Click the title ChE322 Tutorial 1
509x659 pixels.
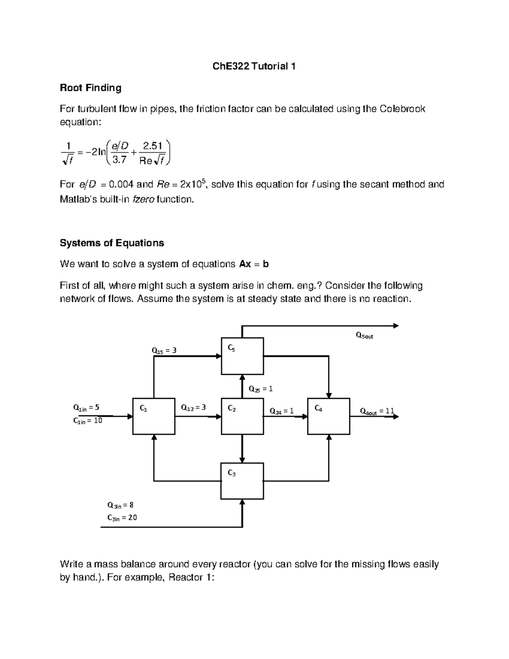(x=254, y=67)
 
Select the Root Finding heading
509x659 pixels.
(x=90, y=88)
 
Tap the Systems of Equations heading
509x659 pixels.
(x=112, y=243)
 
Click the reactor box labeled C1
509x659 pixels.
(x=154, y=416)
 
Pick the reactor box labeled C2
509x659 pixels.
(x=242, y=416)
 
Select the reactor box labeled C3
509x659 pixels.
(x=242, y=481)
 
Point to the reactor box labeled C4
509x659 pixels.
(x=329, y=416)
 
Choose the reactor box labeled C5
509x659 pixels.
(x=242, y=356)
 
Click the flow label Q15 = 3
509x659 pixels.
(x=164, y=351)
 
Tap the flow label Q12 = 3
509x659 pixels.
(x=193, y=408)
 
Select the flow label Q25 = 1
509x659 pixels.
(x=260, y=389)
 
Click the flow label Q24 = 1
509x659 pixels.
(x=282, y=411)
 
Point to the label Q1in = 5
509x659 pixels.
(x=86, y=408)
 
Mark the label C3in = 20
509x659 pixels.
(x=122, y=518)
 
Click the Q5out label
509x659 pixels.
(x=364, y=336)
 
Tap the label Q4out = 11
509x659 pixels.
(x=377, y=411)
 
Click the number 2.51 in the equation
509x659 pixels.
(x=153, y=146)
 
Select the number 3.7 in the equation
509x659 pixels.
(x=118, y=160)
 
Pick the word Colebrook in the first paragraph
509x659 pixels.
(x=402, y=109)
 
